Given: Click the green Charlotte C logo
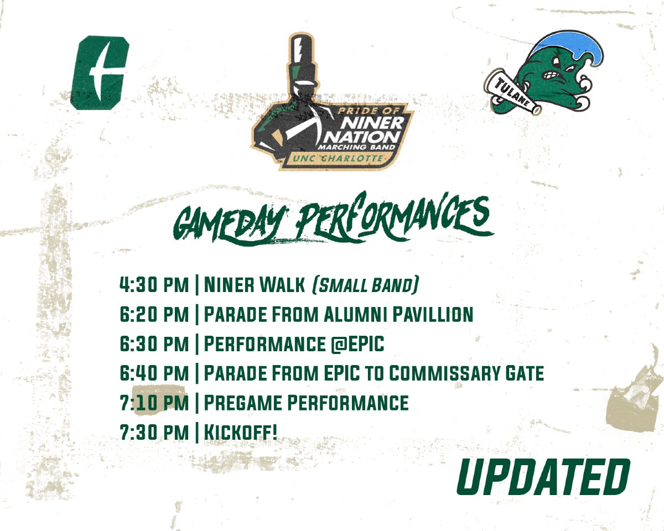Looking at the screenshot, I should (99, 72).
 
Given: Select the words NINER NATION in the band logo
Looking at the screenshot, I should (371, 129).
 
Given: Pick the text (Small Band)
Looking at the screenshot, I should (365, 285).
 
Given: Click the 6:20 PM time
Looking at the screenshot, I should (154, 315).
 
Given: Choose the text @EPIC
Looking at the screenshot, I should (354, 344).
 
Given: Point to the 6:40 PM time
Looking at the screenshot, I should (154, 373).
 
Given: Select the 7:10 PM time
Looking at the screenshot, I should (154, 403).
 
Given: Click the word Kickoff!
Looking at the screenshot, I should (240, 432).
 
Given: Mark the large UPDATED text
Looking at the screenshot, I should (543, 477).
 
